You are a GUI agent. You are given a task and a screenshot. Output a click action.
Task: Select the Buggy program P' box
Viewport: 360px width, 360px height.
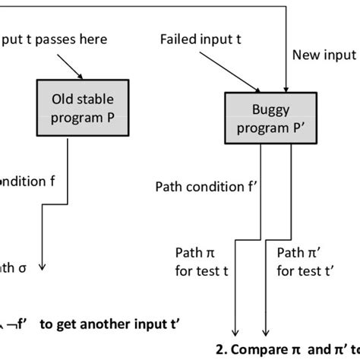click(257, 118)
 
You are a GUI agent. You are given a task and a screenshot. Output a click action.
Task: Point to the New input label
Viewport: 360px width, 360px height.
click(324, 55)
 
